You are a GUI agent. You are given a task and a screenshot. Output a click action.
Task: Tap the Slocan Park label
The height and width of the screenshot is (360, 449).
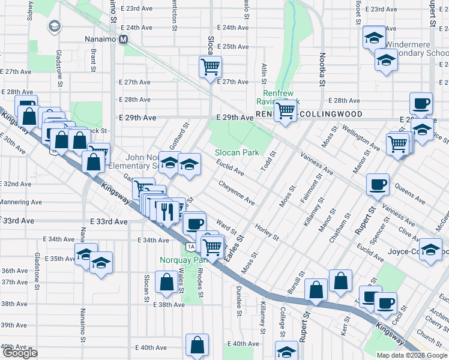pyautogui.click(x=238, y=153)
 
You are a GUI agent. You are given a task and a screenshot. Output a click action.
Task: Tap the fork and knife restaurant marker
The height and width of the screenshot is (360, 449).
pyautogui.click(x=167, y=211)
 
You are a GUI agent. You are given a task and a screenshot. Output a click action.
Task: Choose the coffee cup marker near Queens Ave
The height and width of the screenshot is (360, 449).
pyautogui.click(x=378, y=184)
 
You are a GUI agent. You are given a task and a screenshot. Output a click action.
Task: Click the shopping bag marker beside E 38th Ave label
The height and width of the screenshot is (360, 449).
pyautogui.click(x=166, y=282)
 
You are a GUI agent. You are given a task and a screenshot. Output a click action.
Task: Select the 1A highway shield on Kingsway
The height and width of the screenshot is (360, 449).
pyautogui.click(x=190, y=247)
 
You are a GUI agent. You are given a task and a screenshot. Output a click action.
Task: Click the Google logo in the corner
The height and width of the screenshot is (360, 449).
pyautogui.click(x=19, y=353)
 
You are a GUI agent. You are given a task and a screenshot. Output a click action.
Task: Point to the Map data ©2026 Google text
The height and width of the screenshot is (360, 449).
pyautogui.click(x=412, y=355)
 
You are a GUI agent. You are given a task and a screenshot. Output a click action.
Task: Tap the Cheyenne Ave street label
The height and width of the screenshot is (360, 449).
pyautogui.click(x=236, y=193)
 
